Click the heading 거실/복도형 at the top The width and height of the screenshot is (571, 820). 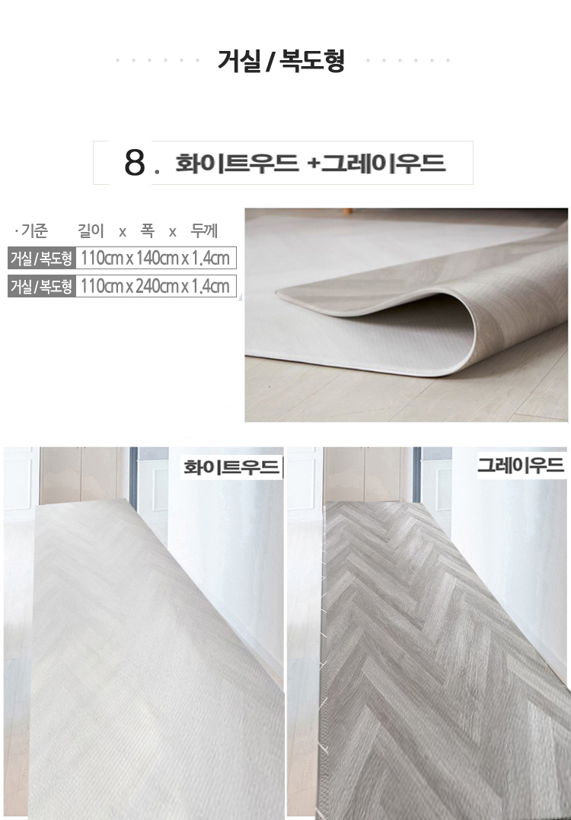282,61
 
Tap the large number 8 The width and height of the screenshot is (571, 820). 134,163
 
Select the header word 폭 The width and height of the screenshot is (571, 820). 148,230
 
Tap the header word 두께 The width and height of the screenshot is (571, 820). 204,230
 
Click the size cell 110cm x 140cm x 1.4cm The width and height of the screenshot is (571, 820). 155,259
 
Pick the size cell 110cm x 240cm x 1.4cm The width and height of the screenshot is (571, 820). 155,287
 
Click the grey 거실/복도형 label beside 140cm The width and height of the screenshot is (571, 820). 41,259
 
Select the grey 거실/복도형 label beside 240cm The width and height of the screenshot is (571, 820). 41,287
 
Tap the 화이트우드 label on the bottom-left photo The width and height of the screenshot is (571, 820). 231,466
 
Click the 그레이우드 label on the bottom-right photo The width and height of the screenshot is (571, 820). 521,465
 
